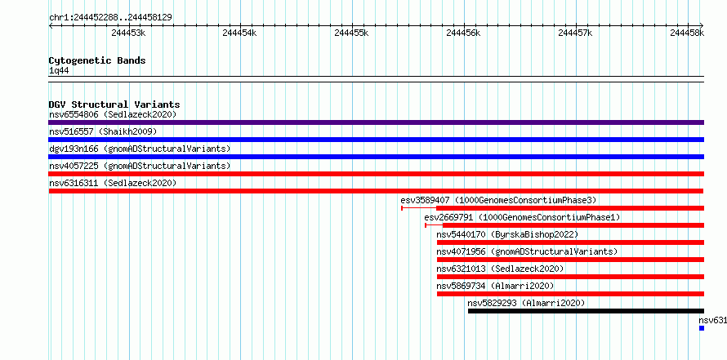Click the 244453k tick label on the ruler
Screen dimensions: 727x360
[x=128, y=33]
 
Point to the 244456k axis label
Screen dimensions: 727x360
[x=463, y=33]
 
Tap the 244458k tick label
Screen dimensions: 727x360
[x=687, y=33]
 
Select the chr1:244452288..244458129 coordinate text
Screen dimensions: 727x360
[x=110, y=17]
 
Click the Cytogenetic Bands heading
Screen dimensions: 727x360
[x=97, y=60]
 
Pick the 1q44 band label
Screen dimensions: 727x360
[x=59, y=70]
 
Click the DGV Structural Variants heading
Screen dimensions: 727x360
[x=114, y=104]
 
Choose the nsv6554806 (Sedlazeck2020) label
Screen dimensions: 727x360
[x=113, y=114]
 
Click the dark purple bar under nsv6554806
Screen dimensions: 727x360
[x=377, y=122]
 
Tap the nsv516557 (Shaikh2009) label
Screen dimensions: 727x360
[x=103, y=131]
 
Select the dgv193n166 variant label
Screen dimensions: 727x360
[x=140, y=149]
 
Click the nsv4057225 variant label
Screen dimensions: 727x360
[x=140, y=166]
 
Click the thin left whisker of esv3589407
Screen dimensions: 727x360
[x=419, y=208]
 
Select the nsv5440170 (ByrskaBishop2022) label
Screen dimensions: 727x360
[x=508, y=234]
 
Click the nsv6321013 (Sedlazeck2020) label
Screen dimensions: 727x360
[x=500, y=269]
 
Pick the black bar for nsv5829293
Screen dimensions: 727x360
[x=586, y=311]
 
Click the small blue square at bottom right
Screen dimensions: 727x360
[x=702, y=328]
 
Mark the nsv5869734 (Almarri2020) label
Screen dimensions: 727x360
[x=495, y=286]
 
